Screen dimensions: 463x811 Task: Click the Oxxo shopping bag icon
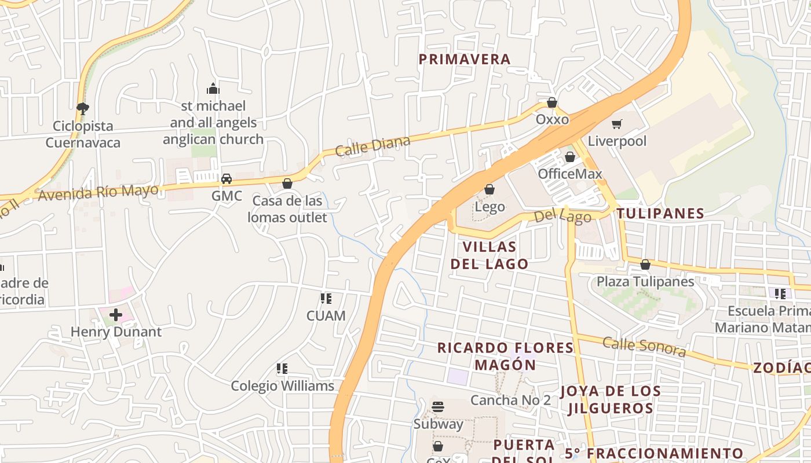tap(551, 103)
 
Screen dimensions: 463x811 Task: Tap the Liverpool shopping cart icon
tap(617, 124)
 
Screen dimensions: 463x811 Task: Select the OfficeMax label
tap(569, 174)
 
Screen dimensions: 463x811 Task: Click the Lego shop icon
tap(489, 190)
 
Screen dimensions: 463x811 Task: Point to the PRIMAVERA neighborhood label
tap(465, 59)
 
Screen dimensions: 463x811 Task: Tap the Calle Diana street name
tap(373, 145)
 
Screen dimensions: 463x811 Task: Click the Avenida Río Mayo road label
tap(98, 193)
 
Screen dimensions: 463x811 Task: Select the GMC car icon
tap(227, 179)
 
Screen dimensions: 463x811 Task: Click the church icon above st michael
tap(213, 89)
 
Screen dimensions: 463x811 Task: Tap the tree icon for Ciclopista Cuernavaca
tap(83, 108)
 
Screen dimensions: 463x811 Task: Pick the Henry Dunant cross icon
tap(116, 315)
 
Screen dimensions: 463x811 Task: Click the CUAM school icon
tap(326, 299)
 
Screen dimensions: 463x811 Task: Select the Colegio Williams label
tap(283, 385)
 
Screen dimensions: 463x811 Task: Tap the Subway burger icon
tap(438, 407)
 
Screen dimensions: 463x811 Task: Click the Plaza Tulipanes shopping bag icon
tap(645, 265)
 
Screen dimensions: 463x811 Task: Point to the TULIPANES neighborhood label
tap(660, 213)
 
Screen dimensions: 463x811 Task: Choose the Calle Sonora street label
tap(644, 346)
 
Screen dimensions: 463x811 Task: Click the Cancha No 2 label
tap(510, 400)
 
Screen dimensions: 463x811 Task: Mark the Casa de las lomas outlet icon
tap(287, 184)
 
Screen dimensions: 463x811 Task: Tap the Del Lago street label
tap(562, 217)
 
